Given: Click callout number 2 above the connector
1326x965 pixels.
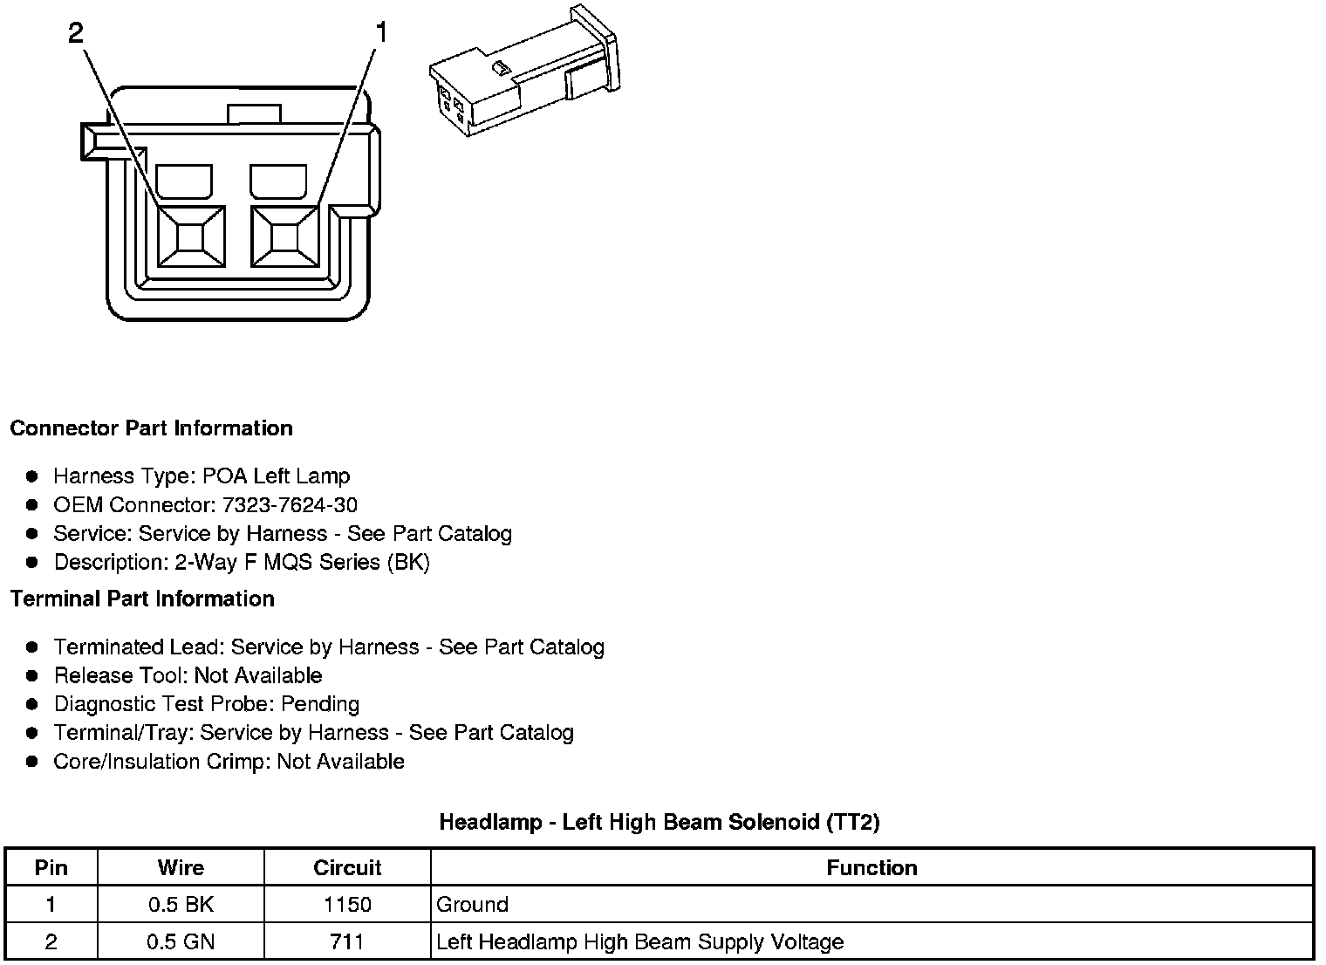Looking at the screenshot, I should pos(76,33).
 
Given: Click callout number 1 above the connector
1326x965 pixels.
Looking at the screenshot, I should pos(380,33).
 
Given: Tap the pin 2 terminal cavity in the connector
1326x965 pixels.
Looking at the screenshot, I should pos(191,236).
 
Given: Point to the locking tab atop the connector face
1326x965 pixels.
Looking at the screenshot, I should pos(254,113).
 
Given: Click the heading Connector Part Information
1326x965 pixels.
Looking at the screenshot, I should pos(151,428).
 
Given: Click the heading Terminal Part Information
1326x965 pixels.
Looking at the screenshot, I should pos(142,599).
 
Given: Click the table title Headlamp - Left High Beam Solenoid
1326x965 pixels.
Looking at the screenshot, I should pos(660,822).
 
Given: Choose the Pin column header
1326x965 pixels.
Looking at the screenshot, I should pos(51,868).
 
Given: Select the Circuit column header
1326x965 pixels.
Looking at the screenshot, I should pos(347,868).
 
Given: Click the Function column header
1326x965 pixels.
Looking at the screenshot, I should pos(871,868).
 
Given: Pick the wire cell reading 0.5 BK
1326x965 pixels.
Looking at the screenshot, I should pos(181,905).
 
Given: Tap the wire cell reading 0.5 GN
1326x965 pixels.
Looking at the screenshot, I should pos(181,942).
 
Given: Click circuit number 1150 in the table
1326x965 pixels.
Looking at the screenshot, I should pos(347,905).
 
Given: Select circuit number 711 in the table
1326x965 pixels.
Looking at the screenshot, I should pos(347,942).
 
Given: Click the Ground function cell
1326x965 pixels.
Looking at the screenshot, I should pos(472,905).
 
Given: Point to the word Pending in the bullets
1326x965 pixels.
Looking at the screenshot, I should pos(320,704).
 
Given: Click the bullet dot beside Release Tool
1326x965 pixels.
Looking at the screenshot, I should pos(32,675).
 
